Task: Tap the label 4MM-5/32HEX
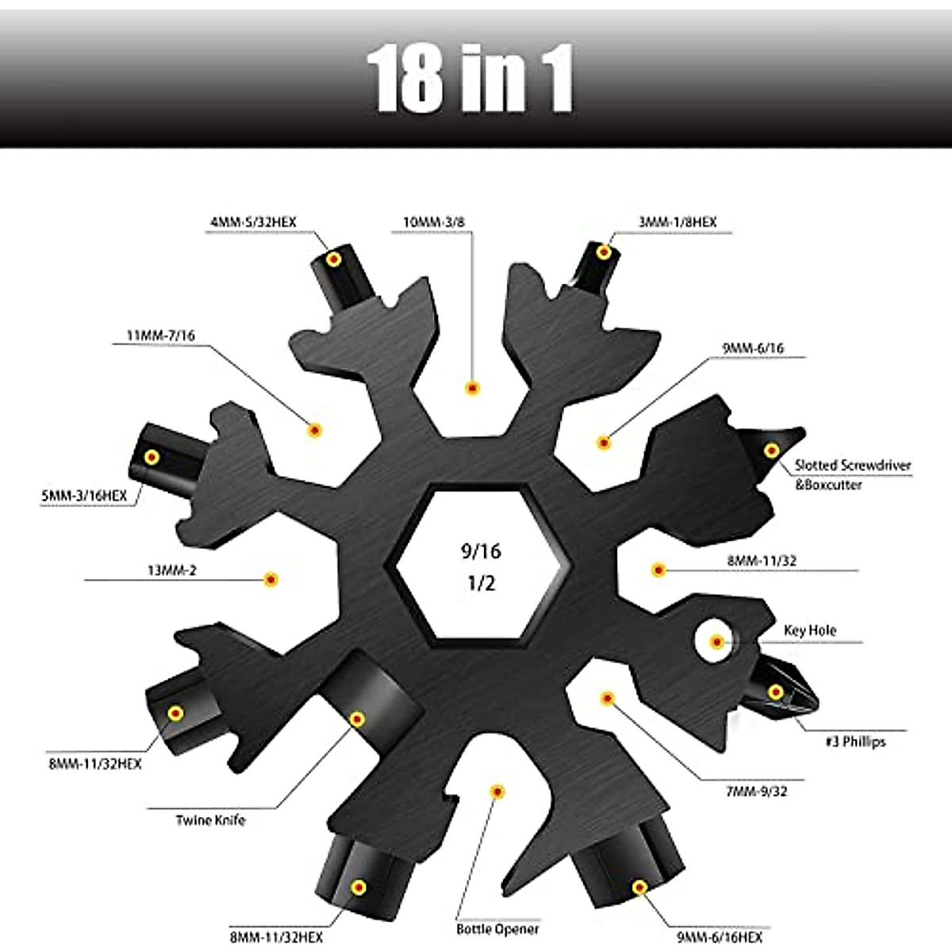coord(253,223)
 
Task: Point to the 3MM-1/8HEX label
coord(677,223)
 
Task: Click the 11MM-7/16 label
coord(160,336)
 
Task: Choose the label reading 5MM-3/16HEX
coord(83,497)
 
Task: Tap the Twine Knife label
coord(210,820)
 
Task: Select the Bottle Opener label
coord(497,928)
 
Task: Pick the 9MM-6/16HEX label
coord(719,937)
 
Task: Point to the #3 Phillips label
coord(854,742)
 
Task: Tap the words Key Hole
coord(809,631)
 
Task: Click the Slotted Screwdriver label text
coord(853,466)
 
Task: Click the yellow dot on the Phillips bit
coord(775,693)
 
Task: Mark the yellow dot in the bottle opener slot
coord(497,791)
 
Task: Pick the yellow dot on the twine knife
coord(357,720)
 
